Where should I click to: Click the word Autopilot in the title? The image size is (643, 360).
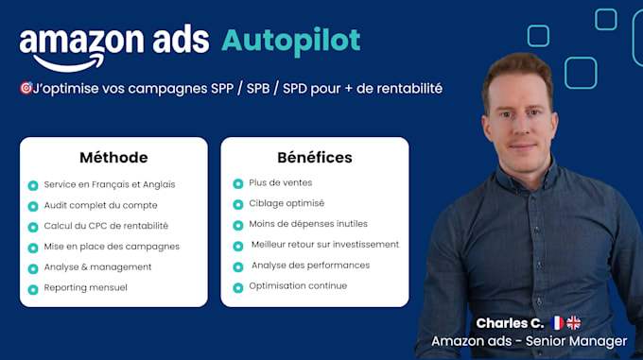click(290, 41)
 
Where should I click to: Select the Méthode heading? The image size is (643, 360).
click(113, 157)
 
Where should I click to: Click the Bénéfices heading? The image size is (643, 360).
click(315, 157)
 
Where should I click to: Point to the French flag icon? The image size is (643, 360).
click(557, 323)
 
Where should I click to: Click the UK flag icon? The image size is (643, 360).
click(574, 323)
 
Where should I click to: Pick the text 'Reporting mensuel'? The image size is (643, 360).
click(85, 287)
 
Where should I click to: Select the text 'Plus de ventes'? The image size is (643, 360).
click(280, 182)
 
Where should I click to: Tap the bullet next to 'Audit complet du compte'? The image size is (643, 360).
click(33, 206)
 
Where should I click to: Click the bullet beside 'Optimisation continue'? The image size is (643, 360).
click(238, 287)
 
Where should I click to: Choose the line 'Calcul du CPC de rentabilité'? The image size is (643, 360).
click(106, 226)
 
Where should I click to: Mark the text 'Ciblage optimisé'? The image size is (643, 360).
click(287, 203)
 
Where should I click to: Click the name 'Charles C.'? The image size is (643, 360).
click(510, 323)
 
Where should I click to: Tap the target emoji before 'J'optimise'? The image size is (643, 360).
click(26, 88)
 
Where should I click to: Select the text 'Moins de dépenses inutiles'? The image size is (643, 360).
click(308, 224)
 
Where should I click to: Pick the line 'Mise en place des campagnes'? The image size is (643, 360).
click(112, 247)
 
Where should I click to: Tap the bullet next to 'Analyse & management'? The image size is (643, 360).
click(33, 268)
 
